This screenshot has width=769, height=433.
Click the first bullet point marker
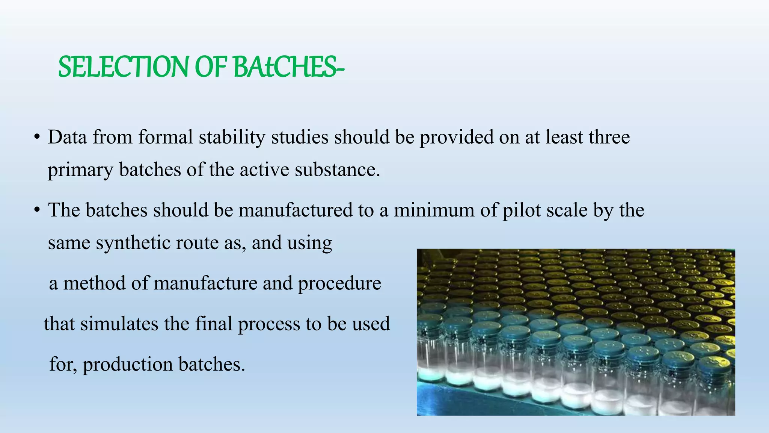point(36,137)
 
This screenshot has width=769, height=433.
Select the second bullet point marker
point(36,210)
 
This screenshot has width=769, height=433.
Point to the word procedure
point(339,283)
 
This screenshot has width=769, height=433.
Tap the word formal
point(166,137)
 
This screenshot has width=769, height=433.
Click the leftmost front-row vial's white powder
point(430,374)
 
